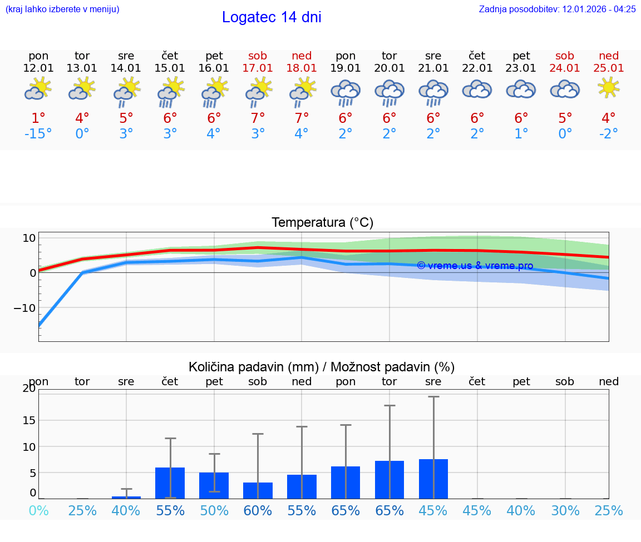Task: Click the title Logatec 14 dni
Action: click(x=272, y=17)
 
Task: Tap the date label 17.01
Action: click(x=258, y=68)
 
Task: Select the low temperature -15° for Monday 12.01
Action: click(x=38, y=134)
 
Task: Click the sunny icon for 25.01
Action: click(x=609, y=88)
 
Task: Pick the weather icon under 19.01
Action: click(x=346, y=91)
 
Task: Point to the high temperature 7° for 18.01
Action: click(x=302, y=118)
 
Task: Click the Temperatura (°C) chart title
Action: click(x=322, y=223)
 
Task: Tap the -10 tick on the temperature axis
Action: click(x=24, y=308)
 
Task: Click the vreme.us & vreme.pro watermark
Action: click(x=475, y=266)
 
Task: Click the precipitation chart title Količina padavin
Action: click(x=322, y=367)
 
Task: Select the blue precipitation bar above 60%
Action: click(x=258, y=490)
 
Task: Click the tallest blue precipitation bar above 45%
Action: click(x=433, y=479)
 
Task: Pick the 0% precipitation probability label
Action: click(x=38, y=511)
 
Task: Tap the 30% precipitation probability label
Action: click(x=565, y=511)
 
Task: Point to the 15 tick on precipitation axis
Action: click(x=29, y=420)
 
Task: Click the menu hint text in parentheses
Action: click(x=62, y=9)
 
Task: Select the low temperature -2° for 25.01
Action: click(x=609, y=134)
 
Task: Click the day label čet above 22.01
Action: click(x=477, y=56)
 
